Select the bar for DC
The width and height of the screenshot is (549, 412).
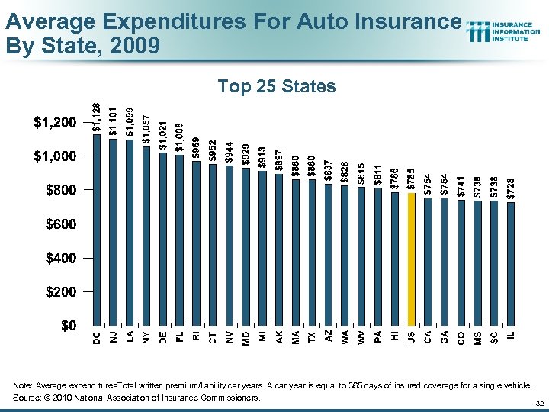(x=97, y=229)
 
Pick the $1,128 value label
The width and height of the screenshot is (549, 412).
(x=97, y=117)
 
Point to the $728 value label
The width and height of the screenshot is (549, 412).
(x=511, y=187)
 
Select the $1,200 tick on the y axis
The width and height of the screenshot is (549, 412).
(x=54, y=122)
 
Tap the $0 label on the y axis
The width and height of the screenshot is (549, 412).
(x=68, y=326)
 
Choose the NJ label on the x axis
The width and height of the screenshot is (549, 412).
(x=114, y=336)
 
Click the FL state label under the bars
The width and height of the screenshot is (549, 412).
(x=180, y=336)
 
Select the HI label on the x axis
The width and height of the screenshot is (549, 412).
(x=395, y=336)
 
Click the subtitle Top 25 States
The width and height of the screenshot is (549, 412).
(x=276, y=86)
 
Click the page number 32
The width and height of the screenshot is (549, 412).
(x=539, y=402)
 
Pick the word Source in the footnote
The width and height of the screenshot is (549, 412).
(x=27, y=398)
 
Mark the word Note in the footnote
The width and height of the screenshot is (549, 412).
(x=23, y=386)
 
